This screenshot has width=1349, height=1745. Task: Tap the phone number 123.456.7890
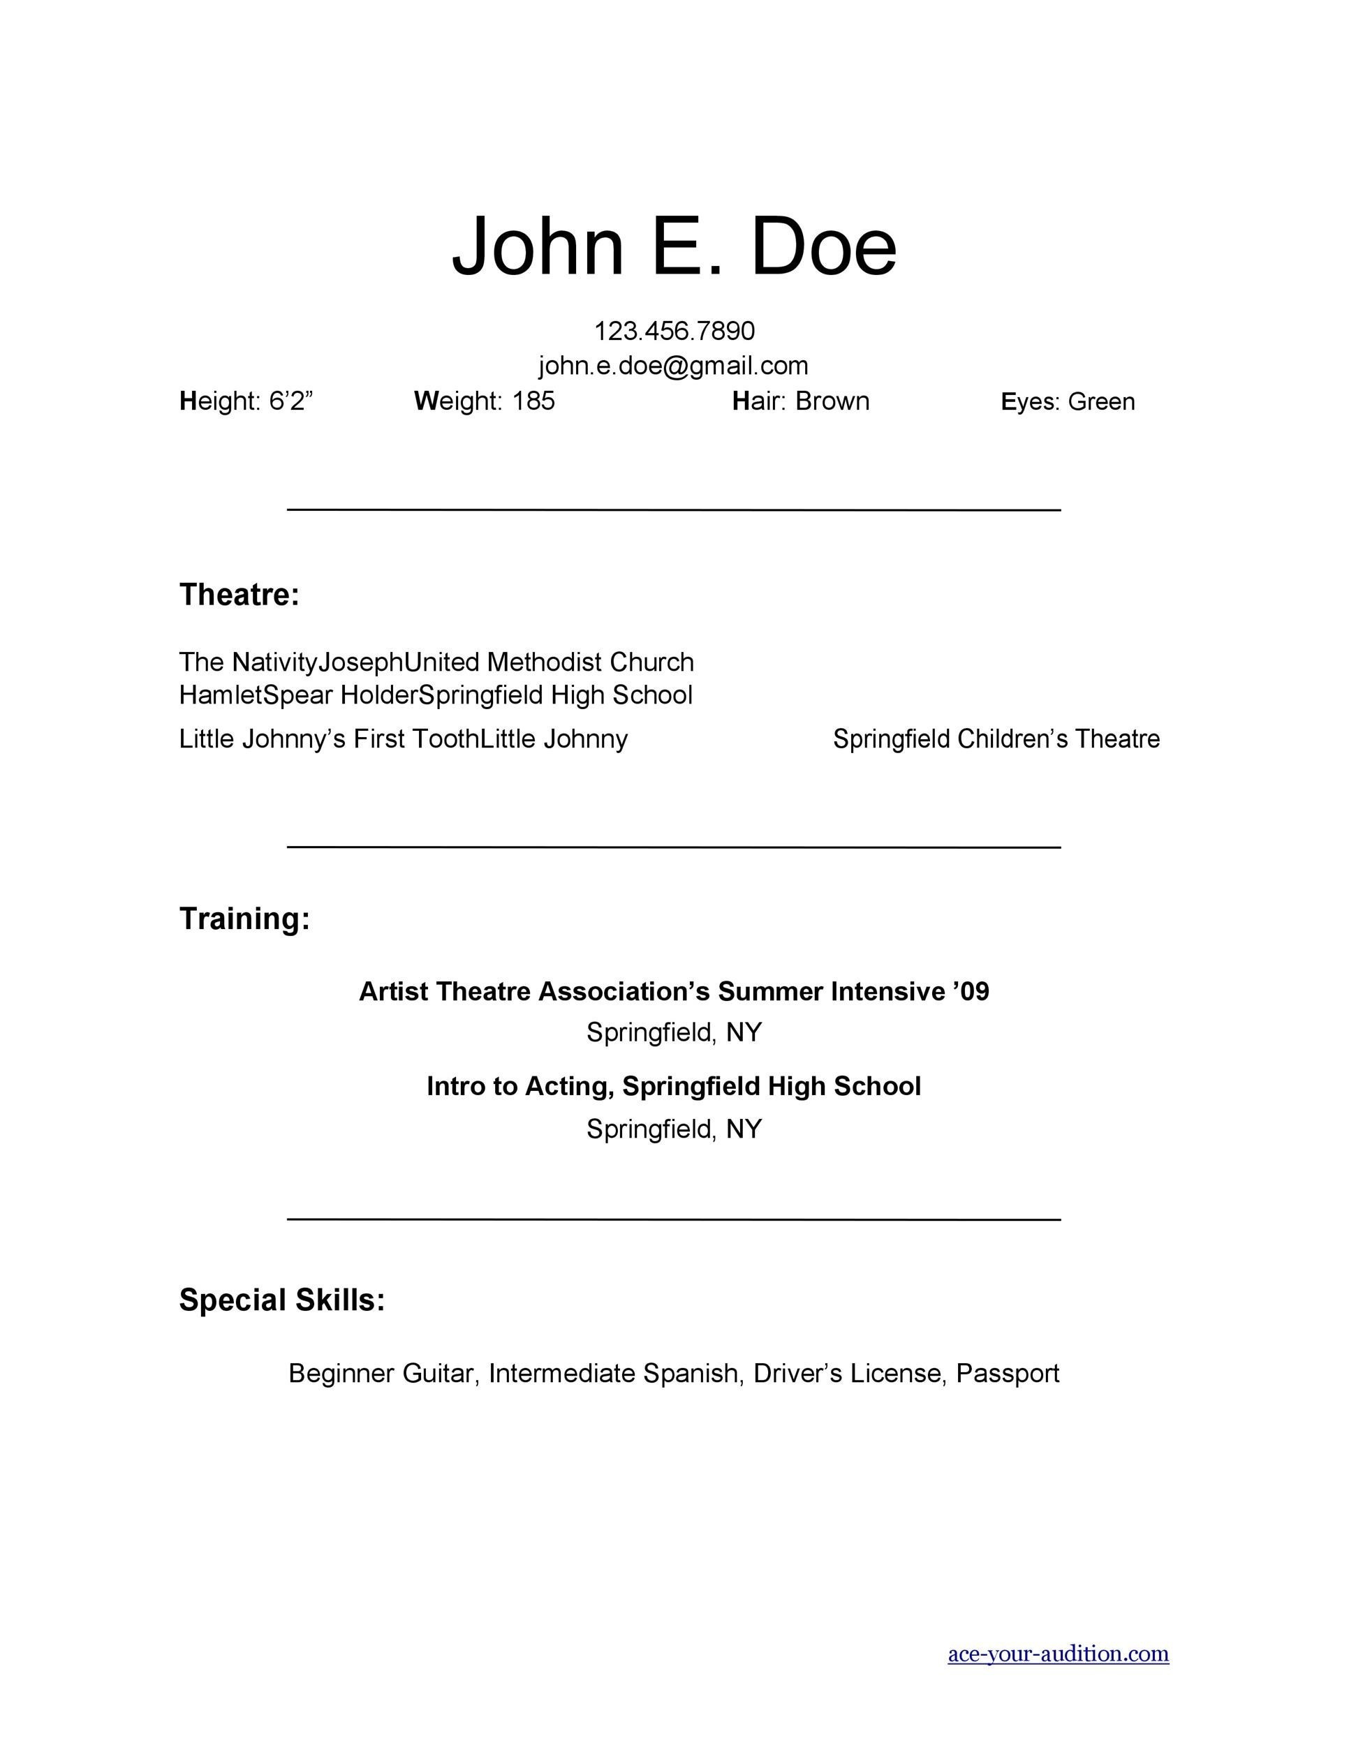(674, 331)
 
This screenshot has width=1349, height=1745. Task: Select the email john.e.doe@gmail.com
(674, 366)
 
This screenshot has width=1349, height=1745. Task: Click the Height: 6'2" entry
(246, 401)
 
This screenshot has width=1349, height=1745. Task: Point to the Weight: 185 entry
(485, 401)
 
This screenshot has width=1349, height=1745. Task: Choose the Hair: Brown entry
(801, 401)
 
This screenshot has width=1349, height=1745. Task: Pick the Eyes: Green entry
(1068, 401)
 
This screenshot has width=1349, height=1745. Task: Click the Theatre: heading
(239, 595)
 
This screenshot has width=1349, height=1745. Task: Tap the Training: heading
(244, 919)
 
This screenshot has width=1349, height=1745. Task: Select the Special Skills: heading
(282, 1300)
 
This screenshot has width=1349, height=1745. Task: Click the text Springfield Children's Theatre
(996, 739)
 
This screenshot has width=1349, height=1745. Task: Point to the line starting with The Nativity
(436, 662)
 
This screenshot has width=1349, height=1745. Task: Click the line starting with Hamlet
(436, 695)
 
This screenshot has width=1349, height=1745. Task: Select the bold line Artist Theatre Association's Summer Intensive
(674, 992)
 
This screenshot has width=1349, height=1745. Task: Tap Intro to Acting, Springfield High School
(674, 1087)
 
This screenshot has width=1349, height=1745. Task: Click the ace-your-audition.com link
(1058, 1654)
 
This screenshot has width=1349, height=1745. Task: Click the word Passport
(1007, 1374)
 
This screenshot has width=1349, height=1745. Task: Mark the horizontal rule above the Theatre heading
(674, 509)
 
